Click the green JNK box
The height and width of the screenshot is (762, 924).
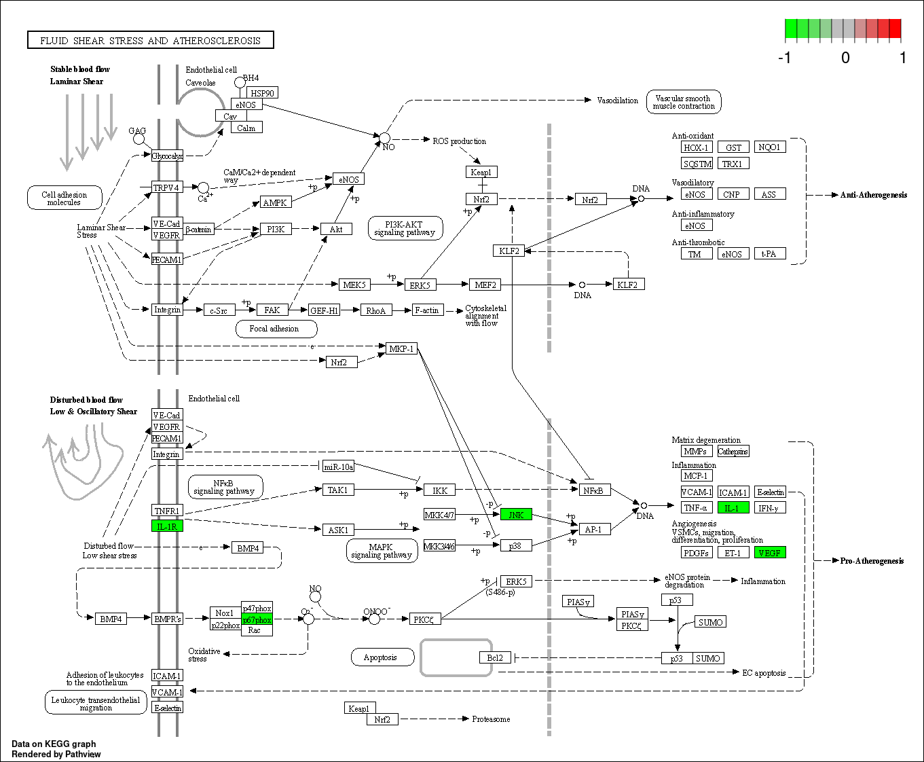(x=516, y=515)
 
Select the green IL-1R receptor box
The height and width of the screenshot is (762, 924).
(x=167, y=526)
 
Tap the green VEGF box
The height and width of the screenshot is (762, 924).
(x=770, y=553)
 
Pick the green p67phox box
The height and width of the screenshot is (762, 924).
(x=257, y=619)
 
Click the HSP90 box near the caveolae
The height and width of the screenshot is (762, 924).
(x=262, y=93)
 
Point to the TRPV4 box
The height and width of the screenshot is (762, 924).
(x=166, y=187)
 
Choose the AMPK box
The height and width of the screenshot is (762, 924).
(x=275, y=202)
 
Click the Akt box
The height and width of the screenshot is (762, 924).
(x=336, y=229)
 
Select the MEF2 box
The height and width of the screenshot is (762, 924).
(x=485, y=285)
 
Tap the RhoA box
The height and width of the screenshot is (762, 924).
(x=375, y=310)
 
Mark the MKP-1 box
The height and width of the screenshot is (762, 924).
(x=401, y=348)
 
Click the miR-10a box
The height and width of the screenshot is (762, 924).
(x=338, y=467)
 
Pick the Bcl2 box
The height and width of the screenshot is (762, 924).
(x=495, y=657)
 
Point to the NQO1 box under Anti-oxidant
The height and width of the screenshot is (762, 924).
(x=769, y=147)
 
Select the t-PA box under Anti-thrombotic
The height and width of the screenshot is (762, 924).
(x=769, y=254)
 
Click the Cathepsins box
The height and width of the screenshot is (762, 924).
(x=733, y=451)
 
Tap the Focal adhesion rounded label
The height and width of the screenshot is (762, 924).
(x=274, y=329)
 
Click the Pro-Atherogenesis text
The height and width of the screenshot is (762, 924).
(x=872, y=561)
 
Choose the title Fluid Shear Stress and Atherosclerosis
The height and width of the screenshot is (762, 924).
(x=150, y=41)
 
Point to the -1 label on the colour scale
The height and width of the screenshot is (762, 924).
(x=785, y=58)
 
